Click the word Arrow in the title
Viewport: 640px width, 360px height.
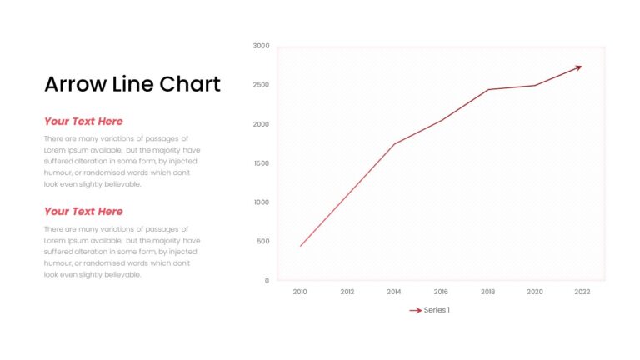click(x=76, y=84)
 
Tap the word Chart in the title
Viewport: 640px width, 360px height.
click(x=190, y=84)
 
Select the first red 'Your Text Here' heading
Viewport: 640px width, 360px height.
click(x=83, y=121)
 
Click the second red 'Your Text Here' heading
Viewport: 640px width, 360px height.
click(x=83, y=212)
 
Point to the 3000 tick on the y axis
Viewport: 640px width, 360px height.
click(x=261, y=46)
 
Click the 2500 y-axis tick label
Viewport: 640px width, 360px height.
click(x=261, y=85)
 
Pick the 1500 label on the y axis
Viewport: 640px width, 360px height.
click(x=262, y=163)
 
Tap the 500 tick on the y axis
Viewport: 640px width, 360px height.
click(x=263, y=241)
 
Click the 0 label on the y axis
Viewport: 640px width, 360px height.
click(x=267, y=281)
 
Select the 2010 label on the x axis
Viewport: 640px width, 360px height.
click(x=300, y=292)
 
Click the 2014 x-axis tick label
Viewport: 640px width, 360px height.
click(x=394, y=292)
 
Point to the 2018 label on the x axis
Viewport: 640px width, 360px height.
click(x=487, y=292)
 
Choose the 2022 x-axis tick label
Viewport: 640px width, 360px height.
click(x=582, y=292)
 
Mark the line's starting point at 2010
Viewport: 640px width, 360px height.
click(x=300, y=246)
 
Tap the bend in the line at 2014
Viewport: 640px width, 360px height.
click(x=394, y=144)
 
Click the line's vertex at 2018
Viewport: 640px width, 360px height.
click(x=488, y=90)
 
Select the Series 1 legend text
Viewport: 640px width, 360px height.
click(x=437, y=310)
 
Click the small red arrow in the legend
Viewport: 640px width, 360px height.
click(x=416, y=311)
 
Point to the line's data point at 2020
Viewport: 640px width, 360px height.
click(x=535, y=86)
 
